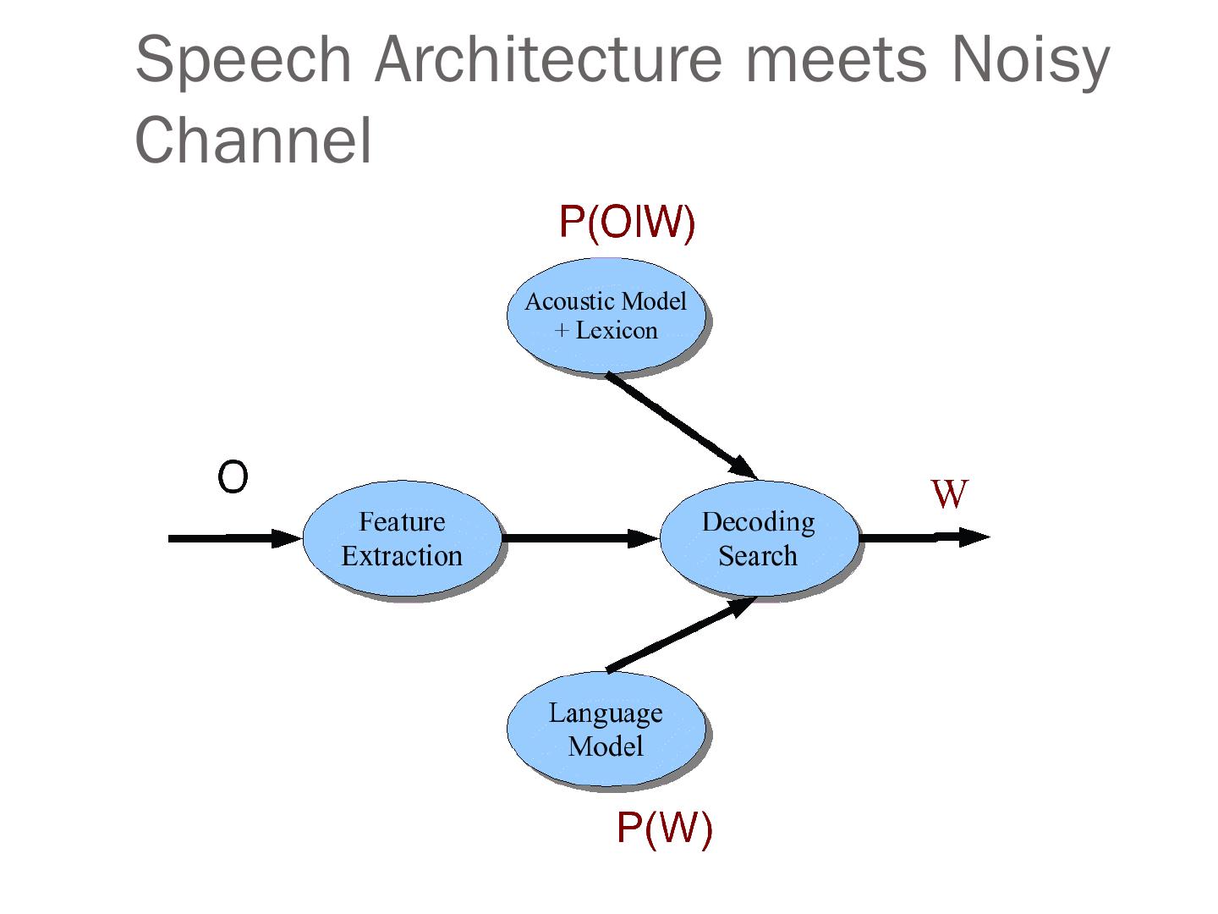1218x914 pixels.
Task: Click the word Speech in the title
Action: point(243,61)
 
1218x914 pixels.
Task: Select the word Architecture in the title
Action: point(548,58)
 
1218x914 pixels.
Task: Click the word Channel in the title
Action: point(252,140)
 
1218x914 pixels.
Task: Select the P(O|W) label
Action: point(627,223)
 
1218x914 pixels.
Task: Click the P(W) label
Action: point(664,829)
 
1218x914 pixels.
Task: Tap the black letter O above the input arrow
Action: point(233,476)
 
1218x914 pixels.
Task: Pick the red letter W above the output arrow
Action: point(949,493)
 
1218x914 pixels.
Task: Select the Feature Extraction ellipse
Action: point(402,538)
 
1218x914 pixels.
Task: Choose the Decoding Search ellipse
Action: point(759,538)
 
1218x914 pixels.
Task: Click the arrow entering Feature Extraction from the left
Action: point(235,538)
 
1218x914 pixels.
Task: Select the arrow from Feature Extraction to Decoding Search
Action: point(580,537)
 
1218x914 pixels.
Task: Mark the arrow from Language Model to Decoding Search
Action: point(682,635)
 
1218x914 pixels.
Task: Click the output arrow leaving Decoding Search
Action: point(924,537)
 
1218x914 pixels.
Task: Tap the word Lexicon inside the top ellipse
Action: point(617,331)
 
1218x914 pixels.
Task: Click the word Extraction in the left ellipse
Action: point(402,556)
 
